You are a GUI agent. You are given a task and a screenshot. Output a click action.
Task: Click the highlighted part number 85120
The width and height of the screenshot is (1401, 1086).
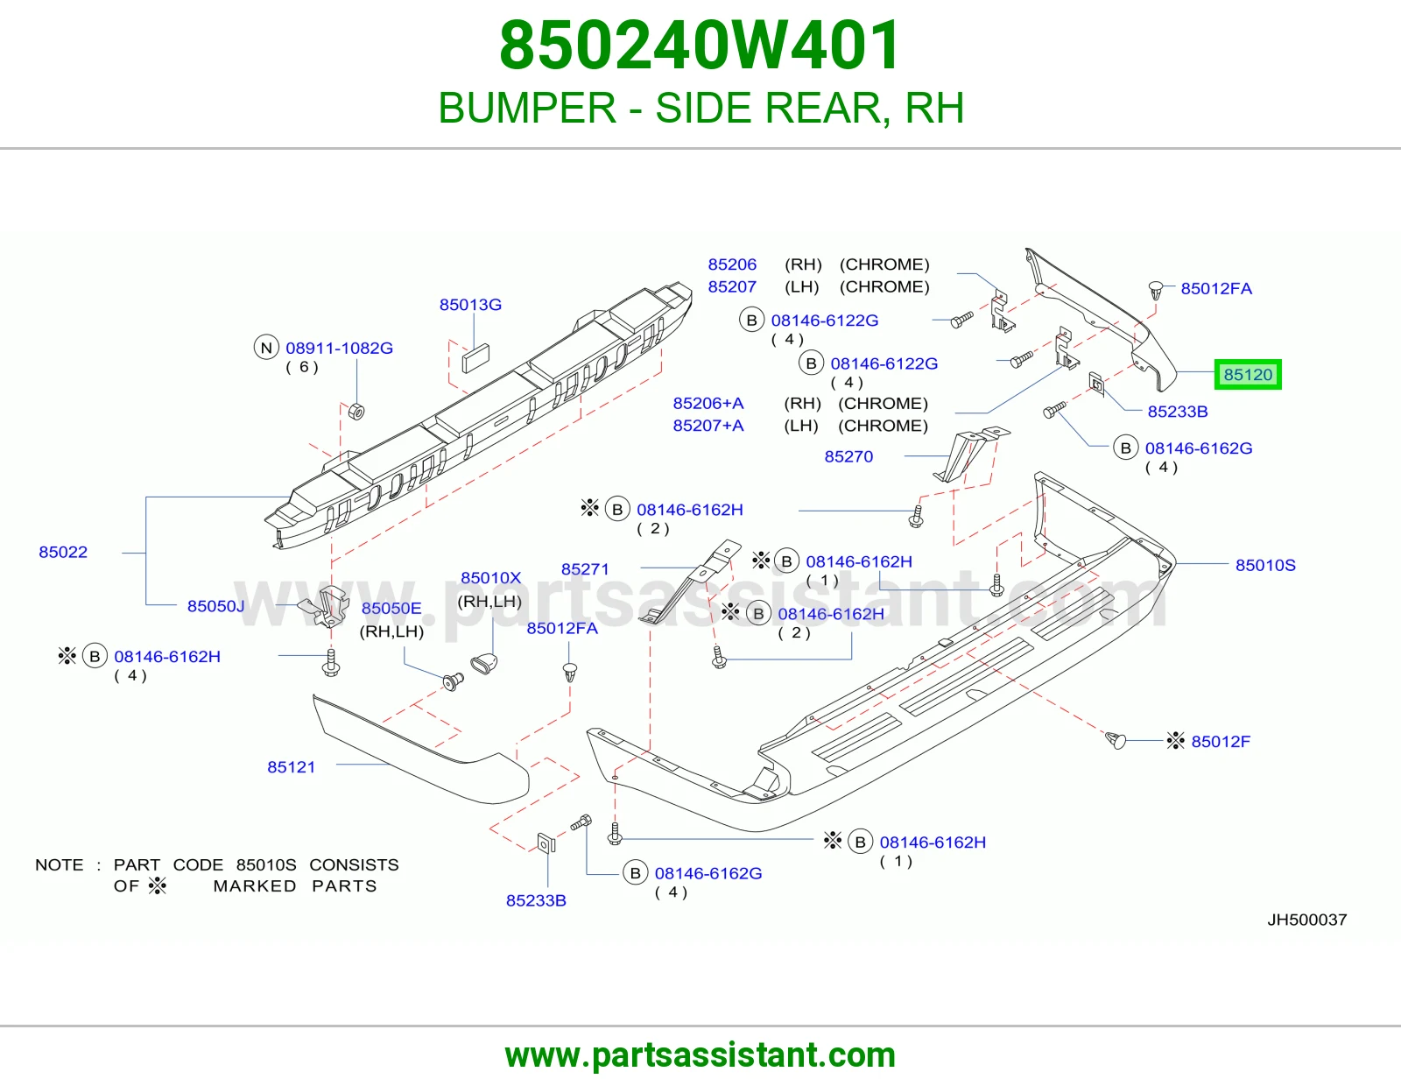click(1248, 375)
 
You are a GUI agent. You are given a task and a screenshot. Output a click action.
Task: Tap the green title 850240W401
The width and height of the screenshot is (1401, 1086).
click(700, 46)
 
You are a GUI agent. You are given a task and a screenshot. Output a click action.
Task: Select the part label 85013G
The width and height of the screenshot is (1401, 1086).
click(470, 305)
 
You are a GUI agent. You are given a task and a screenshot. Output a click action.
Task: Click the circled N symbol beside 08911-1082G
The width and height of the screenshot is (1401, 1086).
click(266, 348)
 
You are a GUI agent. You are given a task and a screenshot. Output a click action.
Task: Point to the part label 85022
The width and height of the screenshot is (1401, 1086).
click(62, 552)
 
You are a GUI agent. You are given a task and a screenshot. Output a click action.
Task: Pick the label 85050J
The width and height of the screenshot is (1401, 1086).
click(216, 606)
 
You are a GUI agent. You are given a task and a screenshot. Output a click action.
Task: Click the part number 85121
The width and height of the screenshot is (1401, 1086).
click(291, 767)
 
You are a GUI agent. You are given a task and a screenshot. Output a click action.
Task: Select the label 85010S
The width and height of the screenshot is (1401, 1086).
click(1265, 565)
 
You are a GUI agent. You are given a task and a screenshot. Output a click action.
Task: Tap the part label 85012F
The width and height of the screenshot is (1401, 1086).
click(1221, 741)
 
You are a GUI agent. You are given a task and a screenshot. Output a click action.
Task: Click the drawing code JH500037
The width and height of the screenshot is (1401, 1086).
click(1306, 920)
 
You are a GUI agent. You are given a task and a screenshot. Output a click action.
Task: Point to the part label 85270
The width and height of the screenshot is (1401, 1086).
click(848, 456)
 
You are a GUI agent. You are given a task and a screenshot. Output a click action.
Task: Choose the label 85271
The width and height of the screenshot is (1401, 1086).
click(585, 568)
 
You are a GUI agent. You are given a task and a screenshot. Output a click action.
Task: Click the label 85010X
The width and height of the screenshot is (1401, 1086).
click(490, 578)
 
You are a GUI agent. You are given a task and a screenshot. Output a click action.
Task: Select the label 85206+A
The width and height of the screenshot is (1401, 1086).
click(708, 403)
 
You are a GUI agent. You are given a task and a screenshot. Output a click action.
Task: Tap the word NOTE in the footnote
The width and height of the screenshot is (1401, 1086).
click(60, 864)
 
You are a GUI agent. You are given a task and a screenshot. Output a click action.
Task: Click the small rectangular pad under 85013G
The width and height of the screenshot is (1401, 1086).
click(475, 358)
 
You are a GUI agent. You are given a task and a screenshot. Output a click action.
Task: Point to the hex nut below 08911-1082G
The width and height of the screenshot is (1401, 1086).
click(356, 411)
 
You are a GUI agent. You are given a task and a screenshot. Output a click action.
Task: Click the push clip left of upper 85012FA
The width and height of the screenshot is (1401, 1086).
click(1156, 290)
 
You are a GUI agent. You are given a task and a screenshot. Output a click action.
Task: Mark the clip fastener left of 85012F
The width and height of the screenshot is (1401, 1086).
click(1116, 740)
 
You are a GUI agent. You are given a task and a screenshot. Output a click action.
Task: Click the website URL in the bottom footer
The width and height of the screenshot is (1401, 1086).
click(700, 1055)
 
